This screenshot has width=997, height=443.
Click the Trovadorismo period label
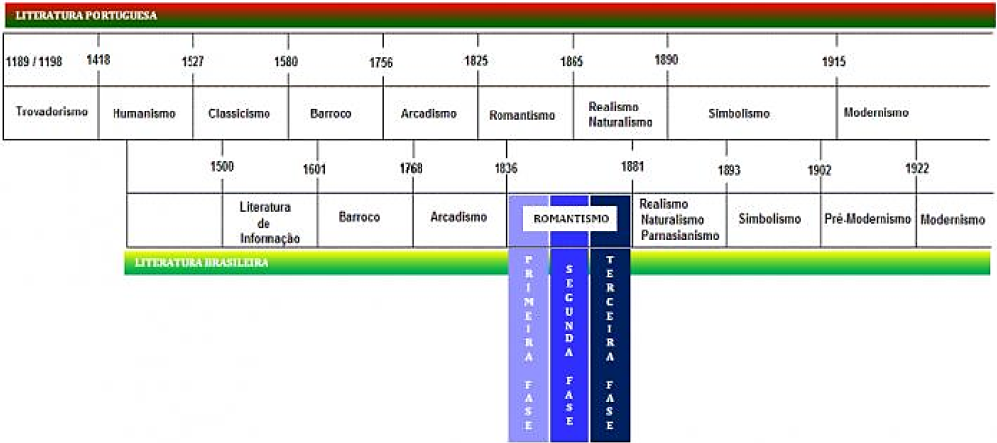[51, 111]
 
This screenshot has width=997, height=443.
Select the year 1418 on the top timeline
[98, 60]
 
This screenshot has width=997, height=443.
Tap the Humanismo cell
[144, 113]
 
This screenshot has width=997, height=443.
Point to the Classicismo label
[239, 113]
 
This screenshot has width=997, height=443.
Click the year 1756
[381, 62]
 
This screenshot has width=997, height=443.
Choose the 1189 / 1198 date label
[35, 61]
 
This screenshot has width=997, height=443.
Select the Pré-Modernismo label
[868, 219]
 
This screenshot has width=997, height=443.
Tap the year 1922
[917, 169]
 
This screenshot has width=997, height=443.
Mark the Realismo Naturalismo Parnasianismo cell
[679, 219]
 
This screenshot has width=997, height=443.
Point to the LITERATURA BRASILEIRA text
[201, 263]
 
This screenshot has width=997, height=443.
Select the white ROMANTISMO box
[570, 218]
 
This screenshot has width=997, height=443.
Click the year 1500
[222, 167]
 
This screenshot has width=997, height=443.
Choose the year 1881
[632, 167]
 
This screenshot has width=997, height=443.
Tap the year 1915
[834, 61]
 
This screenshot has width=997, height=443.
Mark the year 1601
[314, 169]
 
